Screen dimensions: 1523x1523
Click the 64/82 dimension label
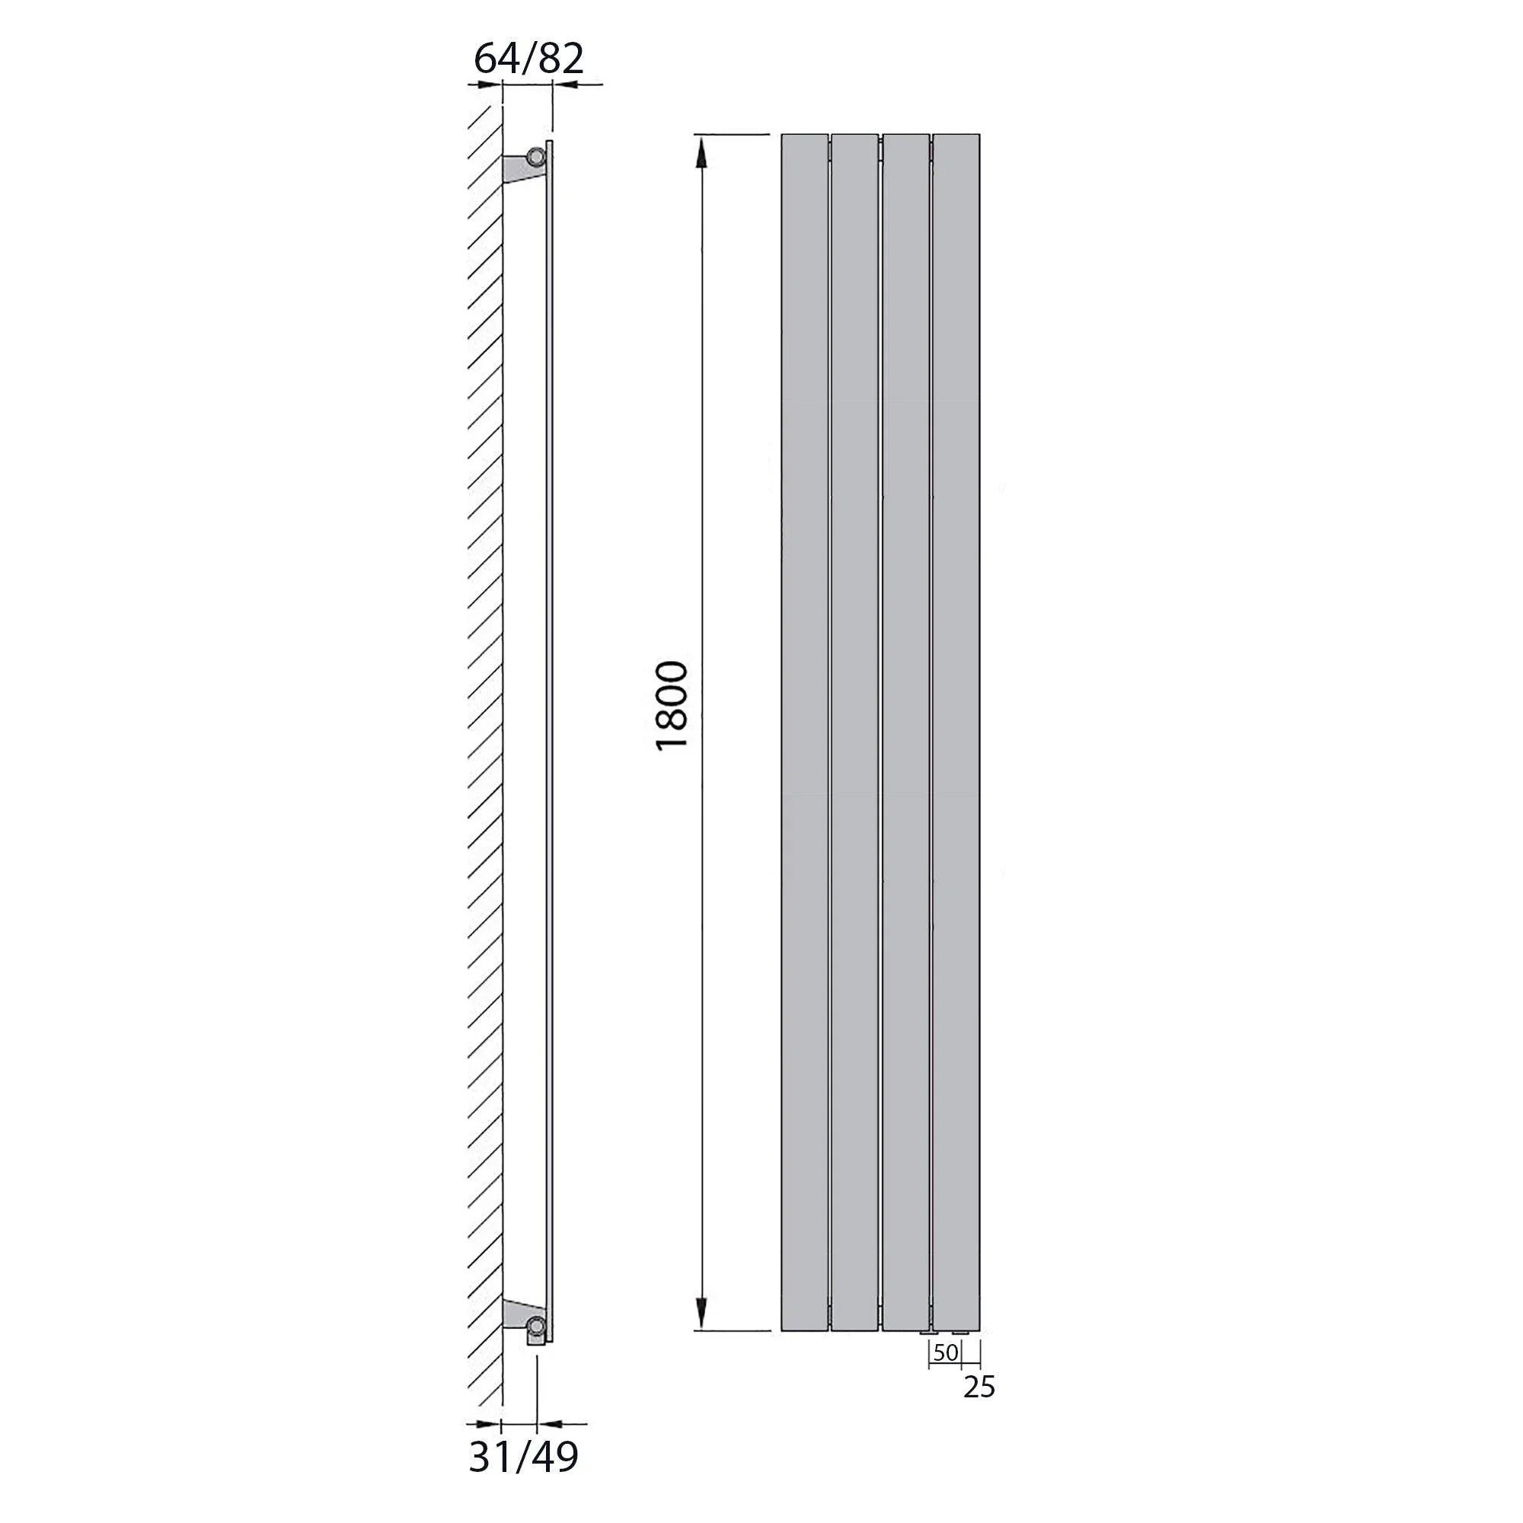click(529, 59)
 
